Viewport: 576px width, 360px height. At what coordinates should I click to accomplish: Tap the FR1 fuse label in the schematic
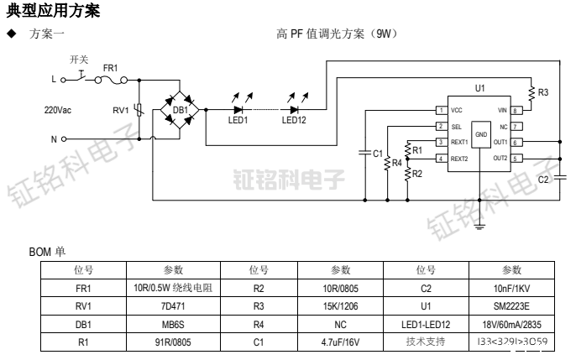pos(110,66)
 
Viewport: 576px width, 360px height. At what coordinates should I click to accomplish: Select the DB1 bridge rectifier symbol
pos(181,109)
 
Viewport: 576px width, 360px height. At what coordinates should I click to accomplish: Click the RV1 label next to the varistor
pos(121,110)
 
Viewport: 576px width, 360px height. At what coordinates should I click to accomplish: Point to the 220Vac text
pos(60,110)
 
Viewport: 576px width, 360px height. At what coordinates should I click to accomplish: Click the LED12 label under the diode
pos(294,121)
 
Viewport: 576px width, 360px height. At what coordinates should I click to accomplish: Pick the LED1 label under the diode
pos(238,121)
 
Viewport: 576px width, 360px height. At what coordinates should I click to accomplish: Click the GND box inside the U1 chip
pos(480,134)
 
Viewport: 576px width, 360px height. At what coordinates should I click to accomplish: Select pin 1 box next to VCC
pos(441,110)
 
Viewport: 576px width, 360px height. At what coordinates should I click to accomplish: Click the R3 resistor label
pos(543,92)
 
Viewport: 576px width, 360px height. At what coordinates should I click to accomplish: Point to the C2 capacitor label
pos(542,179)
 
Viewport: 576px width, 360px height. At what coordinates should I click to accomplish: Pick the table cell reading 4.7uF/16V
pos(340,342)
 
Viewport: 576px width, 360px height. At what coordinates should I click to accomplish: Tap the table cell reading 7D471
pos(173,305)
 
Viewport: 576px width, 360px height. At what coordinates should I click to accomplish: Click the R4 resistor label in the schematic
pos(397,162)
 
